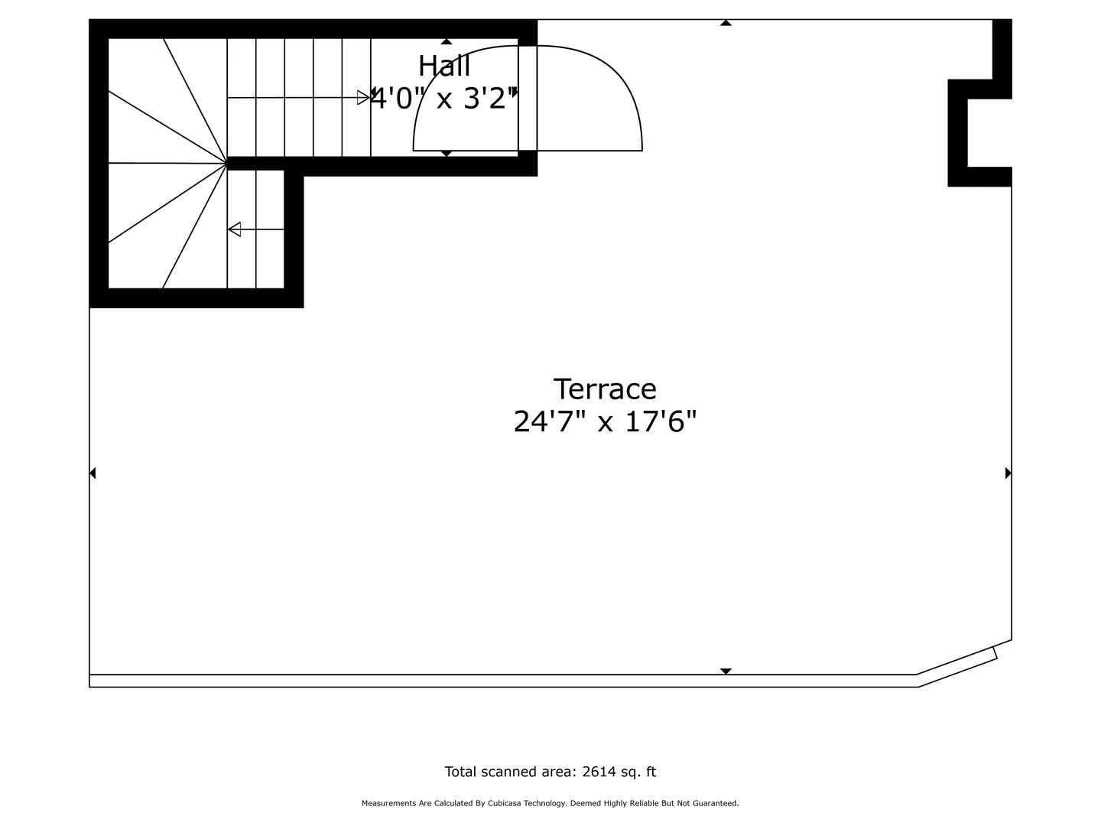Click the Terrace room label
click(605, 389)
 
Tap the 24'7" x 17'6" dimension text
click(605, 421)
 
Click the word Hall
click(444, 67)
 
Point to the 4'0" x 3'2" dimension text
click(443, 99)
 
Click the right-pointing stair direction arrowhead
click(363, 97)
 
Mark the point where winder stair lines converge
click(227, 164)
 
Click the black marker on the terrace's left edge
click(93, 473)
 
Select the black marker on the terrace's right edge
click(1008, 473)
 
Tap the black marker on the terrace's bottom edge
click(726, 671)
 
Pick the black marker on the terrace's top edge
click(726, 23)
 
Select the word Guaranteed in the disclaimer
click(714, 803)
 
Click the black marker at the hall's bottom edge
click(447, 154)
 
